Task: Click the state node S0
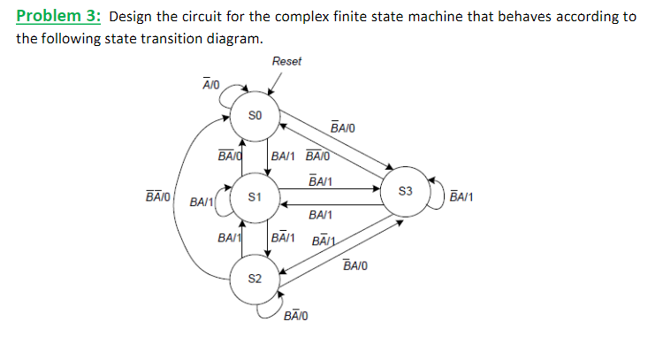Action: click(254, 116)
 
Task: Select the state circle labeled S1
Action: click(254, 196)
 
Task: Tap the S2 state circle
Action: click(254, 279)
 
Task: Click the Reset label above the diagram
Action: click(286, 61)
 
